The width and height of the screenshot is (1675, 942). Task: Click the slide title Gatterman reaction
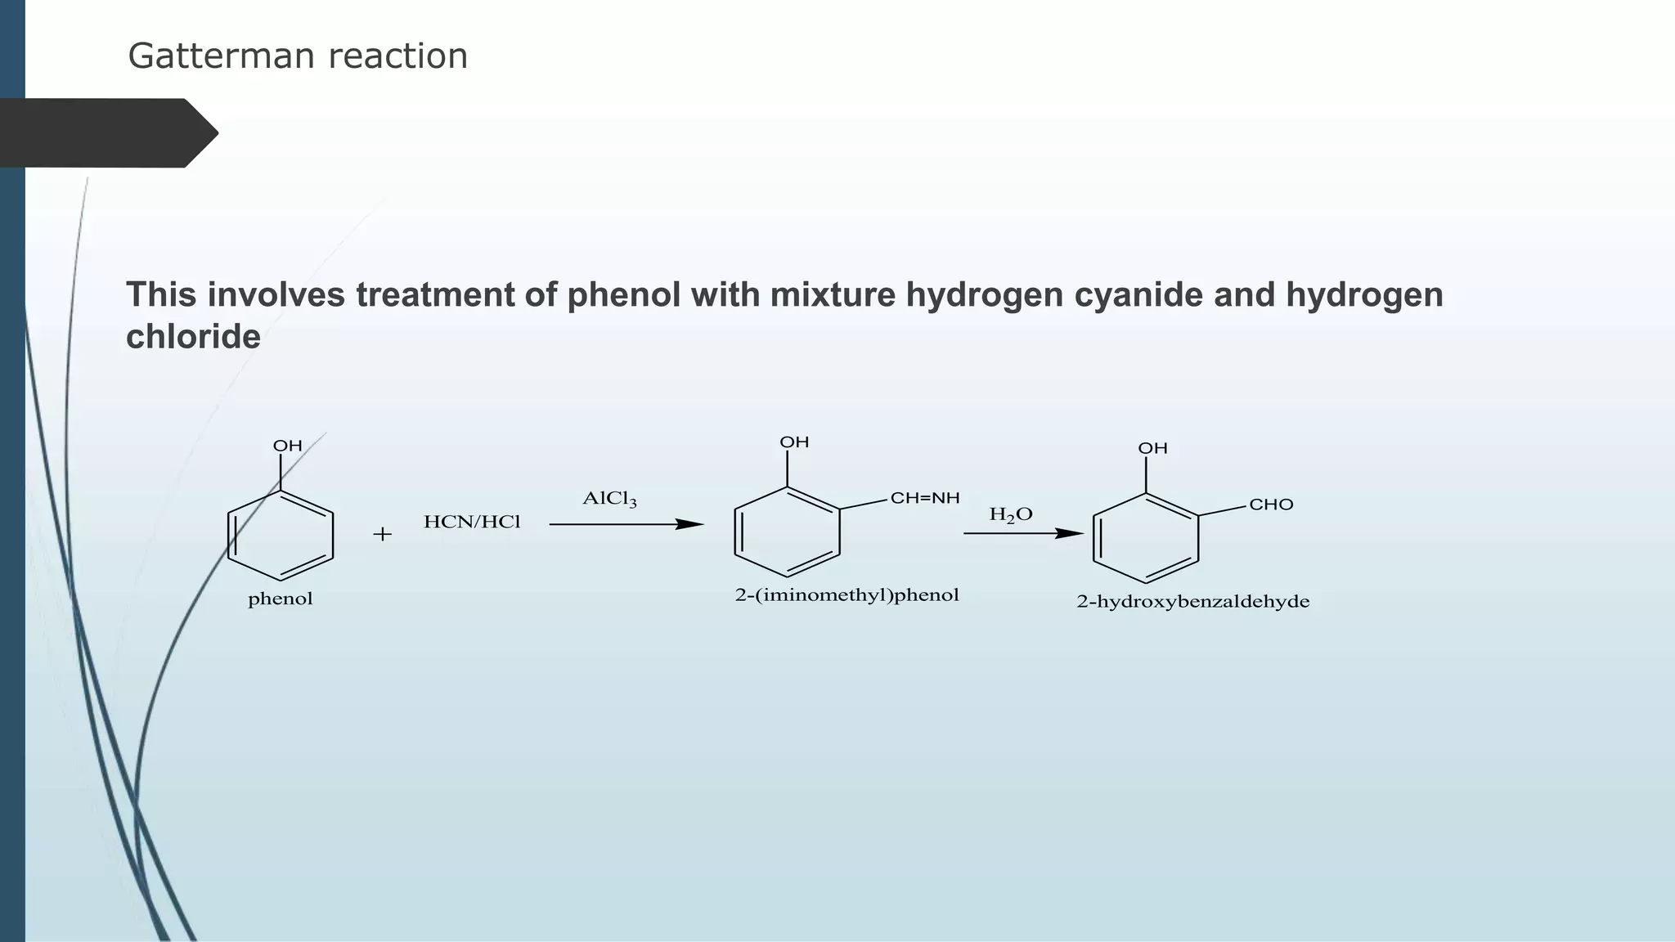298,56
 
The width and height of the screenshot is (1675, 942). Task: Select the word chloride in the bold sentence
193,337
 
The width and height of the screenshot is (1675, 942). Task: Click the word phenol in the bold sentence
623,295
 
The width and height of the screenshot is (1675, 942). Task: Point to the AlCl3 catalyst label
609,499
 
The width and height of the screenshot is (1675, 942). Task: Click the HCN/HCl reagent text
472,523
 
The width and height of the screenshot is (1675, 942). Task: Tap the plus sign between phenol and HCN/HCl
382,535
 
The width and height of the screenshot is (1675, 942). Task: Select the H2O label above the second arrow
1011,514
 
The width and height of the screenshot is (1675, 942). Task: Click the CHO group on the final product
1271,505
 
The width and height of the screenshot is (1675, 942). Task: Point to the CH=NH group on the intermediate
925,498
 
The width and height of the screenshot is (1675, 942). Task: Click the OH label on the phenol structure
288,446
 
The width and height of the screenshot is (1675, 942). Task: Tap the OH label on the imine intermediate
794,442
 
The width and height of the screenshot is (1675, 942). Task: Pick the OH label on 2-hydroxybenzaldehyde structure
1152,448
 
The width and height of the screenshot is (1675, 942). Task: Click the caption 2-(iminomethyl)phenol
846,595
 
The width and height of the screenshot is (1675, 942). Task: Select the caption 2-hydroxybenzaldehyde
1192,602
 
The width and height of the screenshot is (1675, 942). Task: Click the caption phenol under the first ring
281,599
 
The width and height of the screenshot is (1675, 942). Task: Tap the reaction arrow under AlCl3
626,524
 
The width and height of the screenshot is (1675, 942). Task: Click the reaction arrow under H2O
1023,534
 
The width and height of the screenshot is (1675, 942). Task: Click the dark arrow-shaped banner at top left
106,133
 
